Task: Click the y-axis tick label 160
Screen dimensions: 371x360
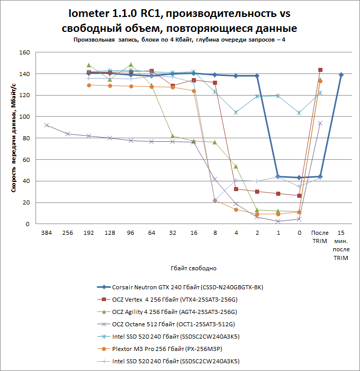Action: tap(24, 52)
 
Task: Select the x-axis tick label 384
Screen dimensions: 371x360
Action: tap(46, 232)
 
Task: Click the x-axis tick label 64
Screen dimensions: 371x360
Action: tap(152, 232)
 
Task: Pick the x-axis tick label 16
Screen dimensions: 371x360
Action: tap(193, 232)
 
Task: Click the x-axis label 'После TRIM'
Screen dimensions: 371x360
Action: tap(320, 236)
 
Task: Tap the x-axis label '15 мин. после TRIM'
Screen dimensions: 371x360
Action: tap(341, 244)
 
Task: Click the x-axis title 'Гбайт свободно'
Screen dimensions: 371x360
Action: tap(193, 268)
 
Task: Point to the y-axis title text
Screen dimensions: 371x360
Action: tap(15, 139)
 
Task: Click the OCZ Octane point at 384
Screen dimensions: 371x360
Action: tap(46, 125)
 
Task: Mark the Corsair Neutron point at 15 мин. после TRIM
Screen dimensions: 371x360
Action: tap(341, 75)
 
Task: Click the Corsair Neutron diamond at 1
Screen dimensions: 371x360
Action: tap(278, 177)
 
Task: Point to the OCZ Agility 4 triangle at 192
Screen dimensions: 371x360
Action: tap(88, 65)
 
